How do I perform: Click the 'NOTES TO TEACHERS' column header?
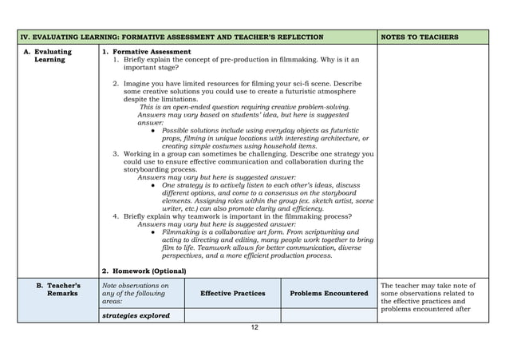420,37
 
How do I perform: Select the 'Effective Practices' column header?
232,293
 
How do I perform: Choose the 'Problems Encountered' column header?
329,293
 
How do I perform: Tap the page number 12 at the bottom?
254,327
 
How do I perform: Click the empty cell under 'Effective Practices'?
232,315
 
